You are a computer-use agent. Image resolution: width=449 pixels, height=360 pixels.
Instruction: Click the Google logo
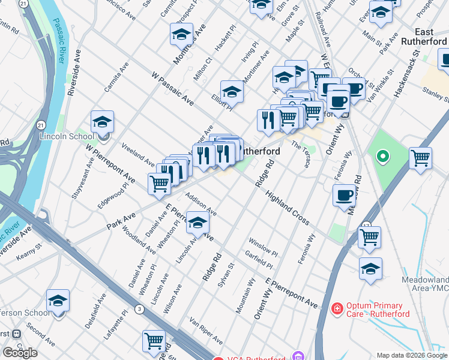(20, 353)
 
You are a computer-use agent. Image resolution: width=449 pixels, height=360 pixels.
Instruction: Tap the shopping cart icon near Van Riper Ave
(154, 341)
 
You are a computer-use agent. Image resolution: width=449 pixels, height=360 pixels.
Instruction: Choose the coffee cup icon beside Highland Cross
(345, 196)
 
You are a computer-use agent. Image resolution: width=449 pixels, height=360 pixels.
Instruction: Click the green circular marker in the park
(382, 158)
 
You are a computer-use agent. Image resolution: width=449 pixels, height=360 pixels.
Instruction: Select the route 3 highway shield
(139, 309)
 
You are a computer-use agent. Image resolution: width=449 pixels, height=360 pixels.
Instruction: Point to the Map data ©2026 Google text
(411, 355)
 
